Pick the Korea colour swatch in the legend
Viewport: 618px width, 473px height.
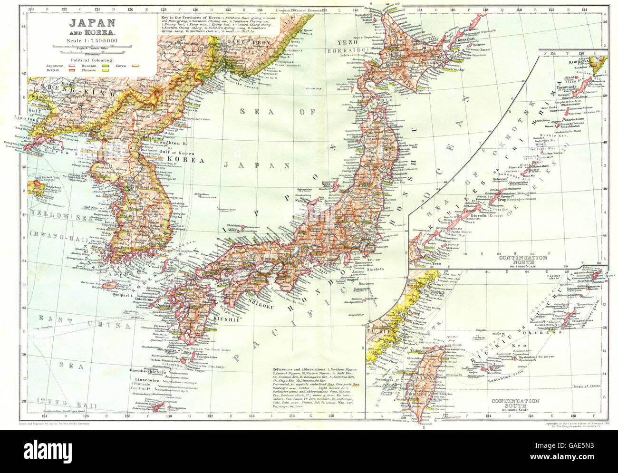[x=135, y=66]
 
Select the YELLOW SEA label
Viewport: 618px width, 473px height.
[x=50, y=219]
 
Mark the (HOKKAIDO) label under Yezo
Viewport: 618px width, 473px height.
[x=345, y=50]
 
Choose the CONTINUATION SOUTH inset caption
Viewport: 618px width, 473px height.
[x=516, y=404]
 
